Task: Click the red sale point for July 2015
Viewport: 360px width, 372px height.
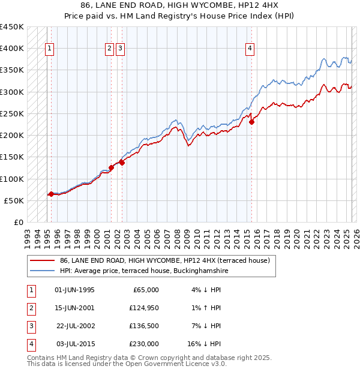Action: tap(251, 122)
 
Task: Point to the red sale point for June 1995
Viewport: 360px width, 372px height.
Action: tap(51, 194)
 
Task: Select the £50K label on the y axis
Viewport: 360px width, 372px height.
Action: tap(14, 200)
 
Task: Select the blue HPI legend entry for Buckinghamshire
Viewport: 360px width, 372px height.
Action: tap(144, 271)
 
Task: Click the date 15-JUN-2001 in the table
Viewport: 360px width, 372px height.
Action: tap(74, 308)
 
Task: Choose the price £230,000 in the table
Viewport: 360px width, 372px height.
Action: tap(144, 344)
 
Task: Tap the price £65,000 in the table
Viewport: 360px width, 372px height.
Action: tap(146, 290)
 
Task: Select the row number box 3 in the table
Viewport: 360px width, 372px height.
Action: tap(30, 326)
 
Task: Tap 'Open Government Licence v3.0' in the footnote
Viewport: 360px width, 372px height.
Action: tap(175, 364)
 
